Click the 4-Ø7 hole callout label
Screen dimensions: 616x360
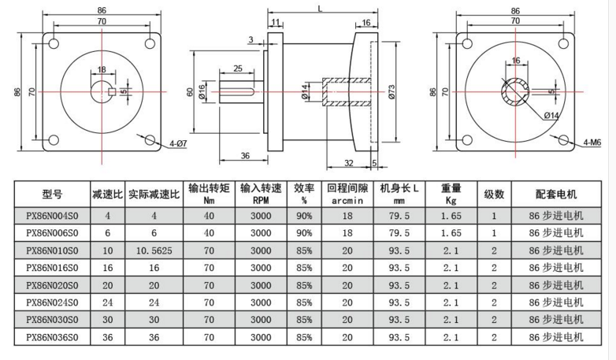[178, 144]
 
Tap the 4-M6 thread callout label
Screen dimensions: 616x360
[592, 143]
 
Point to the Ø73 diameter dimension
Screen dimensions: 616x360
[391, 92]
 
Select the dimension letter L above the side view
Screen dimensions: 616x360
[320, 8]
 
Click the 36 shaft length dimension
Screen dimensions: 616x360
[245, 156]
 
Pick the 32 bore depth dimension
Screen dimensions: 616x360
[349, 163]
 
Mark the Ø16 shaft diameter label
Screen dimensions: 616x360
[201, 92]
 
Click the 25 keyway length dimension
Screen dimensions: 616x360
[238, 69]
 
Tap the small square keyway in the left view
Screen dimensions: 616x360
[112, 92]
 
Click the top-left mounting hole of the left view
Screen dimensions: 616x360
[54, 43]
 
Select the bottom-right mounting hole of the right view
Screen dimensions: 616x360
[563, 140]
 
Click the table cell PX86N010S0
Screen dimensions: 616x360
[52, 251]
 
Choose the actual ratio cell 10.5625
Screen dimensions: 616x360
[154, 251]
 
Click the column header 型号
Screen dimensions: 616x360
[52, 194]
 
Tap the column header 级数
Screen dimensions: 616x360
[494, 194]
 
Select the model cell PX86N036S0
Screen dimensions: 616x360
[52, 337]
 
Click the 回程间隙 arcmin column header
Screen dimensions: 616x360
[347, 194]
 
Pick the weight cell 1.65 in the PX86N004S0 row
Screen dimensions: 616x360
[451, 216]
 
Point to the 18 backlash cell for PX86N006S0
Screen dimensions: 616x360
[347, 233]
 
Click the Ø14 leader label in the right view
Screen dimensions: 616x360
[551, 115]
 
